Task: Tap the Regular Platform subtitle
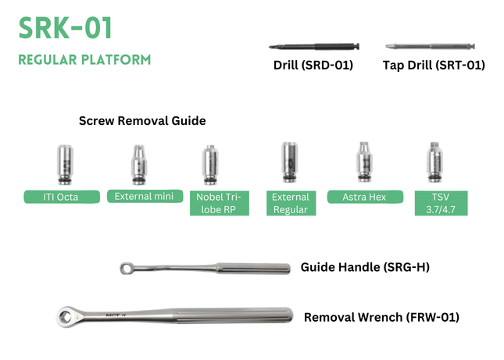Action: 84,60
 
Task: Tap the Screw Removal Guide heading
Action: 142,121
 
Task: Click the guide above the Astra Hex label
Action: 362,162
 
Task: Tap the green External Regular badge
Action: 291,203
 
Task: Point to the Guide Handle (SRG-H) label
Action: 365,267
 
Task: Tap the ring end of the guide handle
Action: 127,269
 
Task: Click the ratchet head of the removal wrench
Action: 66,316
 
